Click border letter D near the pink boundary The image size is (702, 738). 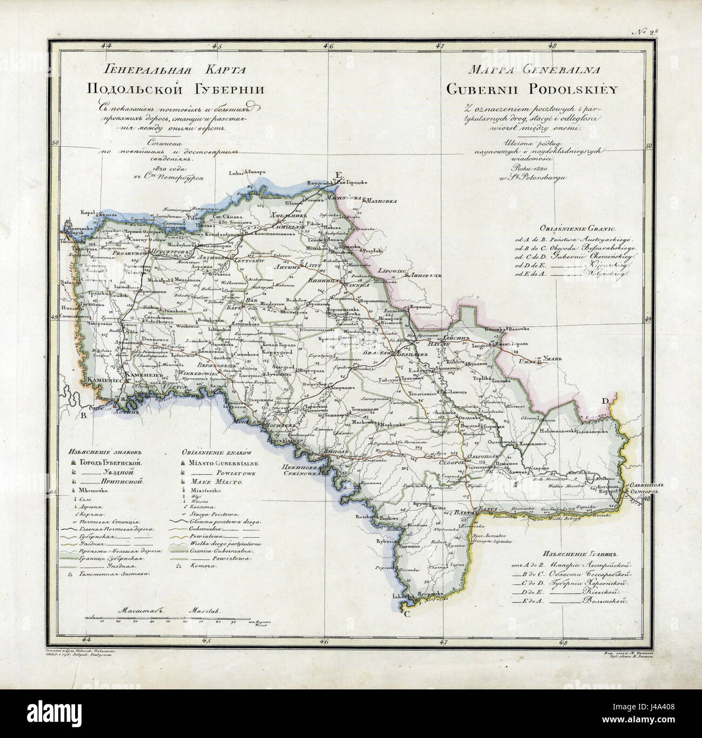click(605, 400)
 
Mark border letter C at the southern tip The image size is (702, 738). click(407, 614)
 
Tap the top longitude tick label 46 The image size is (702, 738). click(327, 46)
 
